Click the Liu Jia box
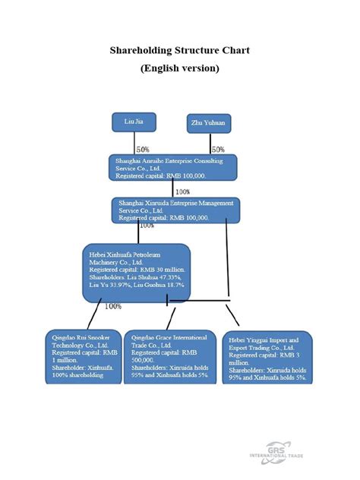[134, 121]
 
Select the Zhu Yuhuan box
[209, 124]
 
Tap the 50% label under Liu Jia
[143, 150]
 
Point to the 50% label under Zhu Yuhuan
[218, 150]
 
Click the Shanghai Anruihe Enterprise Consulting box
[172, 168]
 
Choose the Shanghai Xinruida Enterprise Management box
[176, 210]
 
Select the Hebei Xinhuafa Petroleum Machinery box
[136, 272]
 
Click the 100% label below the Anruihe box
[183, 191]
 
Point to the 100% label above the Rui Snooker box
[113, 307]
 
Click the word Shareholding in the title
[138, 51]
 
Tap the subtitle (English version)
[180, 68]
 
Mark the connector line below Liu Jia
[134, 142]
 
